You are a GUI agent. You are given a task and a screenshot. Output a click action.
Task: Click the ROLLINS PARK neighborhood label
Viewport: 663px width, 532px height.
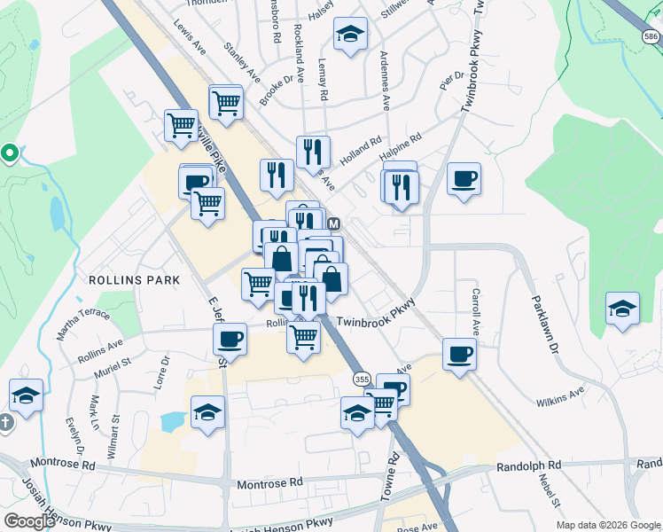(134, 279)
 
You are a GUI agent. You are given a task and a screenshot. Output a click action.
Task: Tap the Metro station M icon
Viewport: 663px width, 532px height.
(334, 224)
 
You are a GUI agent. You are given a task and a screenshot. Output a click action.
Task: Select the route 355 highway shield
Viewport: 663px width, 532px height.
(361, 379)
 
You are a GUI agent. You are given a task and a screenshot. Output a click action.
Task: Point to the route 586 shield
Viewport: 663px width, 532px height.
(651, 36)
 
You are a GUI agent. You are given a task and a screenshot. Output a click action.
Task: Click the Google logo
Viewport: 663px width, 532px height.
(29, 521)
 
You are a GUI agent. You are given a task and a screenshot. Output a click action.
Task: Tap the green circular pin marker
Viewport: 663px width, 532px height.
(10, 153)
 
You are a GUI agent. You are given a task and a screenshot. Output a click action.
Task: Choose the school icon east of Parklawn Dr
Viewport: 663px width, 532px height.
(623, 309)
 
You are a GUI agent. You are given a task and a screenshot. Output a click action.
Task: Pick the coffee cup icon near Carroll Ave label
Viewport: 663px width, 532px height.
(459, 355)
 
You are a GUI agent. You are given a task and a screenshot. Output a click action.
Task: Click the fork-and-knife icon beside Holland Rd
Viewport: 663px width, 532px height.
(313, 153)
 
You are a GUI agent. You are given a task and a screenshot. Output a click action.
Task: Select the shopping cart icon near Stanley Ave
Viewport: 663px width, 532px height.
(227, 102)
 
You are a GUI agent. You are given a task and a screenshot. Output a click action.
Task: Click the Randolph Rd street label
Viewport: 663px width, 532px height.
(529, 465)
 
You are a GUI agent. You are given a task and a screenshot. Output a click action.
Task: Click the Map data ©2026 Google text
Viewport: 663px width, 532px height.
(607, 525)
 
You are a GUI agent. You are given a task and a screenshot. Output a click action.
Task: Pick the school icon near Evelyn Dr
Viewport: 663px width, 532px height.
(27, 396)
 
